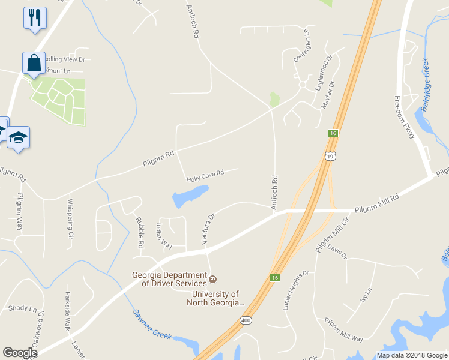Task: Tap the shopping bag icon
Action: tap(34, 62)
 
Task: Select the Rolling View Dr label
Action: tap(64, 59)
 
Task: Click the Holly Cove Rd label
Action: tap(205, 175)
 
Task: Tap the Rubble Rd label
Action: tap(140, 233)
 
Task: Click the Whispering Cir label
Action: tap(71, 219)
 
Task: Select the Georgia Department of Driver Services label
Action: tap(170, 279)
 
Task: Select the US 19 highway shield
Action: tap(331, 156)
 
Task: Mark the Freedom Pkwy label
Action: tap(406, 117)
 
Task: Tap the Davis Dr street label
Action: tap(336, 252)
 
